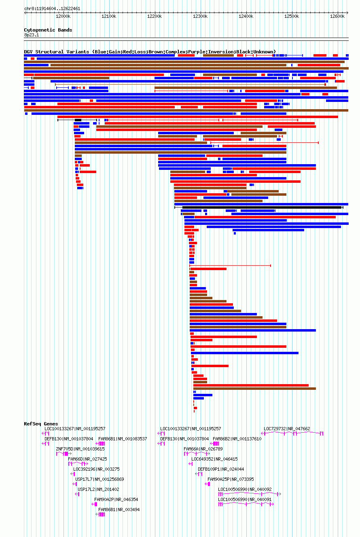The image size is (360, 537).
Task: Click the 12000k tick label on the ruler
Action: pos(63,16)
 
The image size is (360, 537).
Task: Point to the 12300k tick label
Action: pos(200,16)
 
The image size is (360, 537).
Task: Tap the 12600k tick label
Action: pos(337,16)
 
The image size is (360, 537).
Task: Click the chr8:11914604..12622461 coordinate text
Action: pos(52,8)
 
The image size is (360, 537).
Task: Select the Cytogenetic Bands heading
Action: pos(48,30)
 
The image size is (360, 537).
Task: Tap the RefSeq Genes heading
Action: pos(41,424)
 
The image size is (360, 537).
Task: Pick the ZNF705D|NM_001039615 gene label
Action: pos(80,449)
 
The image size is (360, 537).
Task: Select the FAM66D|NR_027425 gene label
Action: pos(87,459)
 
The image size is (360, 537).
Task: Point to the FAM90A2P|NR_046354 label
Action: pos(116,499)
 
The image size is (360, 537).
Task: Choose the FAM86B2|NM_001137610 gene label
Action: pos(237,439)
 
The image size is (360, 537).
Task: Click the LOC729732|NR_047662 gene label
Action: pos(287,429)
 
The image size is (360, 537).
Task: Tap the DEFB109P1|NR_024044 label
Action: pos(221,469)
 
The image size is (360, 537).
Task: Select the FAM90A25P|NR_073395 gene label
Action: pos(231,479)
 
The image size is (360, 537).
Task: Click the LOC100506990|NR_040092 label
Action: pos(245,489)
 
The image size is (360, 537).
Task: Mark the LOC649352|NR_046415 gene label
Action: pos(214,459)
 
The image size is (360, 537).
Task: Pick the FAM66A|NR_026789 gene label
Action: pos(203,449)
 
